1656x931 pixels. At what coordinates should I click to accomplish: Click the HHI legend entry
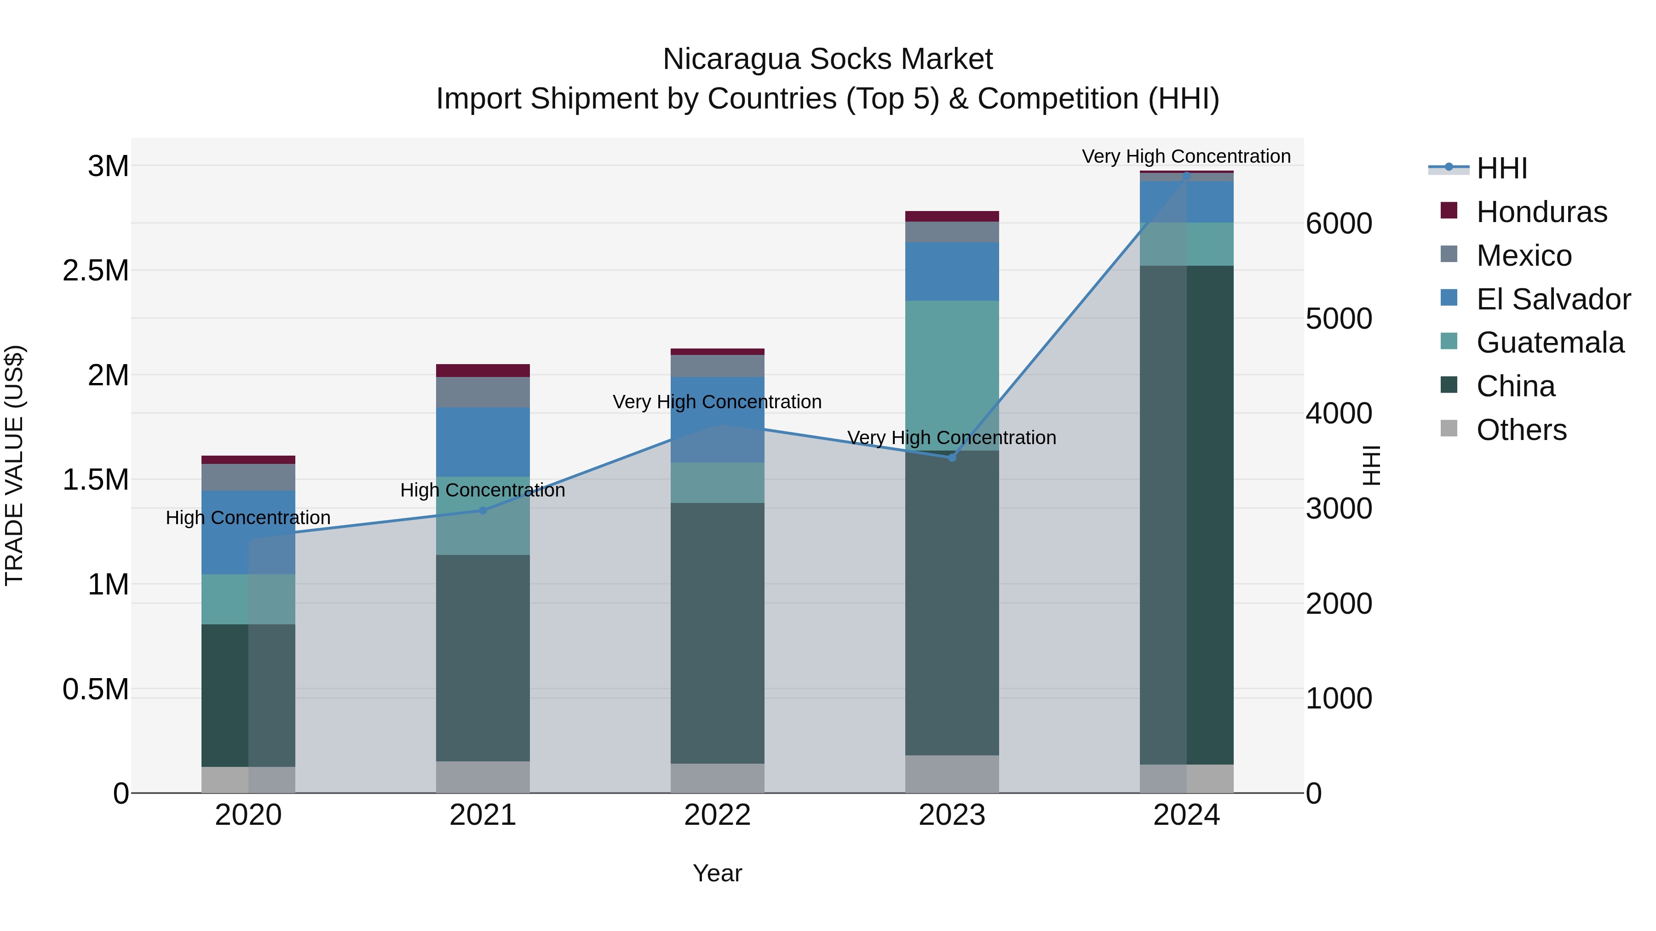pos(1501,168)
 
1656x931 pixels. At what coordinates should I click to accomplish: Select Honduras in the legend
pos(1541,212)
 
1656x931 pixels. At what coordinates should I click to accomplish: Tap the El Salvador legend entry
pos(1552,299)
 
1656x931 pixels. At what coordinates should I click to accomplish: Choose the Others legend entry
pos(1521,430)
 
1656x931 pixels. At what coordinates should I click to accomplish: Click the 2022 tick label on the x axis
pos(718,815)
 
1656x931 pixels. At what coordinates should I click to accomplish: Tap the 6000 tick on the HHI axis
pos(1339,223)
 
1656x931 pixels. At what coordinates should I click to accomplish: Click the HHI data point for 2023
pos(952,457)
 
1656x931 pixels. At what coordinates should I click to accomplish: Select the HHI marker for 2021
pos(483,511)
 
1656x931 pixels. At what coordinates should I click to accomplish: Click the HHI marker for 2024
pos(1187,175)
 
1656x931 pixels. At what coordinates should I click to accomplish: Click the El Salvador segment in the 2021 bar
pos(483,442)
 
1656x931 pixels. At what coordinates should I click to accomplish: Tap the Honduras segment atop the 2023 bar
pos(952,216)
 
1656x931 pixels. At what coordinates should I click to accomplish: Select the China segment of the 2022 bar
pos(718,633)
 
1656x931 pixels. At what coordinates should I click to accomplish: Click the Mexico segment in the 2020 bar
pos(248,477)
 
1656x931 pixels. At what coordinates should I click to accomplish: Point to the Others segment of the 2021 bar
pos(483,777)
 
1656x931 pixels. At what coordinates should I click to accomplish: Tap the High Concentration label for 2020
pos(248,518)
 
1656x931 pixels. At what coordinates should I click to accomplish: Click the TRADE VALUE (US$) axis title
pos(14,465)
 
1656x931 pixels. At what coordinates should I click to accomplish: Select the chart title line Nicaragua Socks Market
pos(828,59)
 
